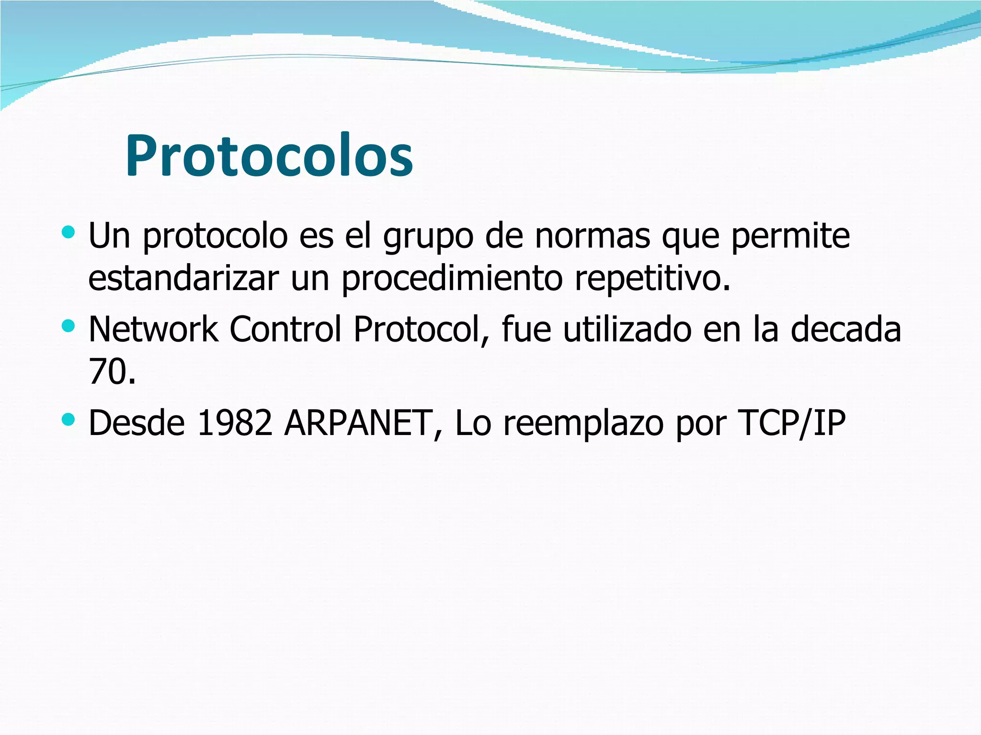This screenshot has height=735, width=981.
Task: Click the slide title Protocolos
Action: point(269,156)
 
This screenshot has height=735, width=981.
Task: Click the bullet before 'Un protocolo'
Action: point(68,233)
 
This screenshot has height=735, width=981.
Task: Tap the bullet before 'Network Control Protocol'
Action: point(68,326)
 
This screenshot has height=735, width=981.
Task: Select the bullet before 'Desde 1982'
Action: point(68,420)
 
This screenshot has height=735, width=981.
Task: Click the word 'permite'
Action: point(790,236)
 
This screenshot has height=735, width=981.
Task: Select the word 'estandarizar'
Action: point(183,278)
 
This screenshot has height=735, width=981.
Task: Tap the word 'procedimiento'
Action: point(452,279)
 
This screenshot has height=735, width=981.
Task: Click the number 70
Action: point(107,372)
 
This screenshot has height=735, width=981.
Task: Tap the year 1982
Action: point(235,423)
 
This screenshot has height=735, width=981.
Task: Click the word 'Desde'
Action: point(137,423)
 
